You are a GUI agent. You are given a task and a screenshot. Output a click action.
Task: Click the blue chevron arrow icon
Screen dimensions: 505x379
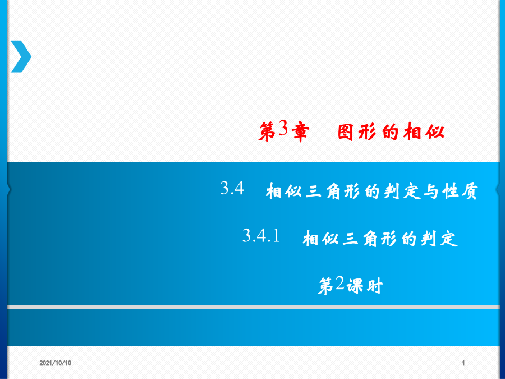pos(21,57)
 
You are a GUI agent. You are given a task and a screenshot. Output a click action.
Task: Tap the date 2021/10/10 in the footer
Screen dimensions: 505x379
pos(56,363)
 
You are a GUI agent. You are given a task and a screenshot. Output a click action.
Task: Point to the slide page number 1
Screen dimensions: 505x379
pos(463,363)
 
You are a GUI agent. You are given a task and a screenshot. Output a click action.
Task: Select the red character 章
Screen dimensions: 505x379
pos(300,132)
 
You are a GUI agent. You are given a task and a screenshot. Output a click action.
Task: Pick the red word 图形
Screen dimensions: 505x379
pos(357,132)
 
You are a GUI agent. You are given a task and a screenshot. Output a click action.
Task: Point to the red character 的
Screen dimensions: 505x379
pos(391,132)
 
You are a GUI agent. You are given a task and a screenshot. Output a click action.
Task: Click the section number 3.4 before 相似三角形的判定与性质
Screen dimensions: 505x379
pos(232,188)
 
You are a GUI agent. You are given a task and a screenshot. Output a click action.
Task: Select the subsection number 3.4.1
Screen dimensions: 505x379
pos(261,235)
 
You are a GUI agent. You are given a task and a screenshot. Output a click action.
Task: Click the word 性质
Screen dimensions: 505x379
pos(460,191)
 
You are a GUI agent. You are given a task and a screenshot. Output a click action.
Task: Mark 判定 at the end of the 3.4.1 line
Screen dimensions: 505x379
pos(439,239)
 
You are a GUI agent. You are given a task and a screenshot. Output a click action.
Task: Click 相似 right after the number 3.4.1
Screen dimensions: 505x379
pos(321,239)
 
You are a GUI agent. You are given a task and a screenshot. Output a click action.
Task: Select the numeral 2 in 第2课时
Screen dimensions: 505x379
pos(340,284)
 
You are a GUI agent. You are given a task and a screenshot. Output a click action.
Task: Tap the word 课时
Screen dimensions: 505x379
pos(365,286)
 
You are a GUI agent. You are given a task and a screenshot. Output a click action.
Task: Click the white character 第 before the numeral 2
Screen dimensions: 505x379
pos(326,286)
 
